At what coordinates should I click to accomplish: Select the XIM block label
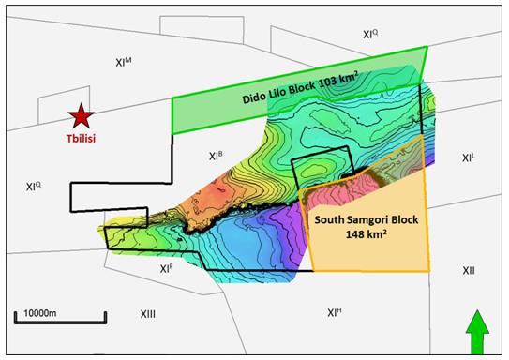pyautogui.click(x=124, y=62)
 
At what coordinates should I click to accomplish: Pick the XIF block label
pyautogui.click(x=166, y=268)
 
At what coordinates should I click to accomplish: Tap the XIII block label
pyautogui.click(x=147, y=313)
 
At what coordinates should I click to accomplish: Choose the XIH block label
pyautogui.click(x=335, y=312)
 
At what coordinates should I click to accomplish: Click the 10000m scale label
pyautogui.click(x=35, y=309)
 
